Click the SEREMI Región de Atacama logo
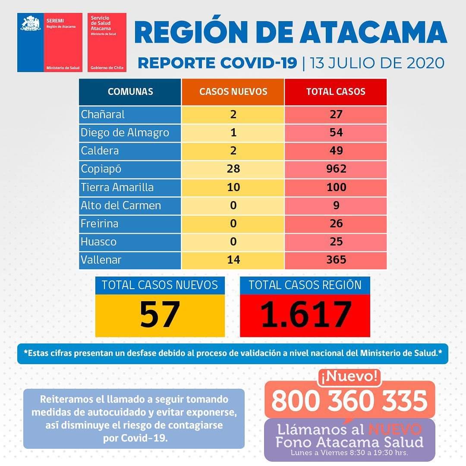click(50, 42)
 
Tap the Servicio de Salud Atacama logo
click(107, 42)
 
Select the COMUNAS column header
click(130, 91)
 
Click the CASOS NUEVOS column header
click(233, 91)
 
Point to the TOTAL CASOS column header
click(336, 91)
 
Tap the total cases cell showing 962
click(336, 169)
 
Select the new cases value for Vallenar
click(233, 260)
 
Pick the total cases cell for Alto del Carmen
click(336, 205)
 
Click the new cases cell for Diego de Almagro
click(233, 132)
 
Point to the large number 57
click(160, 315)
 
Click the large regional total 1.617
click(305, 315)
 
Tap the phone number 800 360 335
click(349, 401)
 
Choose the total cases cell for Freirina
click(336, 224)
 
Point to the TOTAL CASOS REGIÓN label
click(305, 285)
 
